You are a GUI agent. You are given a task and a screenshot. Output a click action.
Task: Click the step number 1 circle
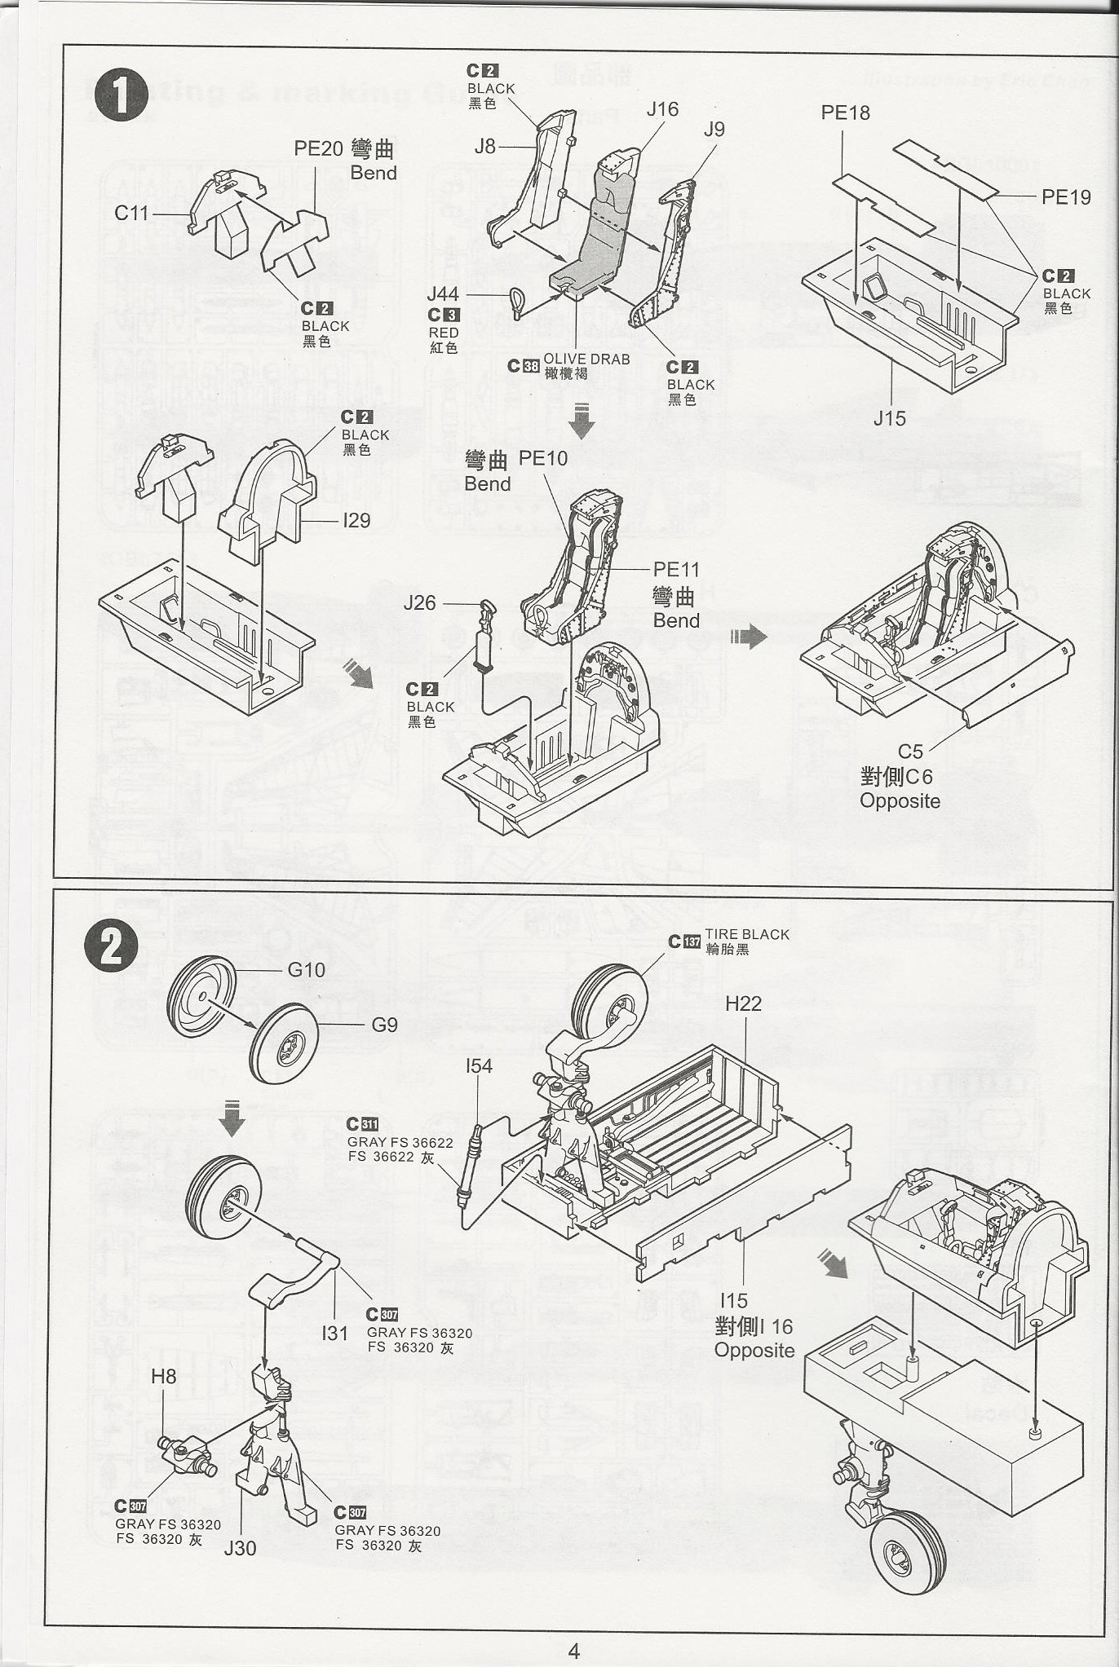tap(121, 95)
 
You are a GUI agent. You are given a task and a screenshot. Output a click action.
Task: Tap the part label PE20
tap(318, 148)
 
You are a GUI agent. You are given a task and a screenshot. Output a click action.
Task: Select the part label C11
tap(131, 214)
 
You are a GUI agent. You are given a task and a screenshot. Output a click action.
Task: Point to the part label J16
tap(661, 109)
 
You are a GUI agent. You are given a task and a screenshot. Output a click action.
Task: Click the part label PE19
tap(1065, 196)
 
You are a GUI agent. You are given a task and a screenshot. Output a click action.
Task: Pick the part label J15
tap(889, 418)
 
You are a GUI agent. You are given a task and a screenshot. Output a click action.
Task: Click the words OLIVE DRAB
tap(586, 359)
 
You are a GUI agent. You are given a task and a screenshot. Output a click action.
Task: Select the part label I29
tap(356, 520)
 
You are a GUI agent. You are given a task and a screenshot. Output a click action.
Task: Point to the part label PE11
tap(675, 570)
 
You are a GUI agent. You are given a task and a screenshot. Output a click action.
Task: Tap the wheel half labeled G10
tap(201, 996)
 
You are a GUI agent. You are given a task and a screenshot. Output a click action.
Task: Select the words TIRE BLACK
tap(746, 934)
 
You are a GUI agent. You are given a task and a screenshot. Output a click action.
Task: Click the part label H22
tap(743, 1003)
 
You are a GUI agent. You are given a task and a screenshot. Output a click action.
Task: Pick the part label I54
tap(479, 1065)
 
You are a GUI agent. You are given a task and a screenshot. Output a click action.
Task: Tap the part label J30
tap(240, 1549)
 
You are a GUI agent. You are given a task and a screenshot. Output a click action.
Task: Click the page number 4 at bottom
tap(573, 1651)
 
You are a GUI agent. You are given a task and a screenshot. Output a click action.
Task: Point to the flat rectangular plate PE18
tap(883, 206)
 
